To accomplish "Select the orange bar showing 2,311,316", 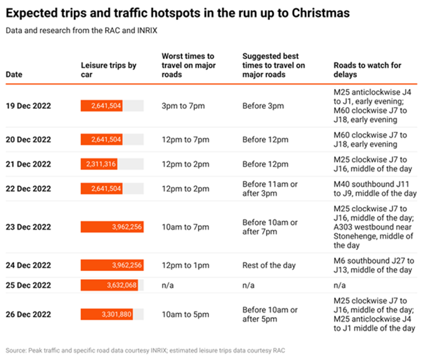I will click(99, 164).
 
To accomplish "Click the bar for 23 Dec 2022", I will click(112, 227).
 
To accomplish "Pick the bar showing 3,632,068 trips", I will click(109, 285).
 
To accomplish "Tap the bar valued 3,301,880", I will click(105, 314).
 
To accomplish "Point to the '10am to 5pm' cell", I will click(185, 314).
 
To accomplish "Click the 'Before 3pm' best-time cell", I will click(263, 106).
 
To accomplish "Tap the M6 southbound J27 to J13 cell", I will click(373, 265).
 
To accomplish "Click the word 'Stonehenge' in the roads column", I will click(360, 236).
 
